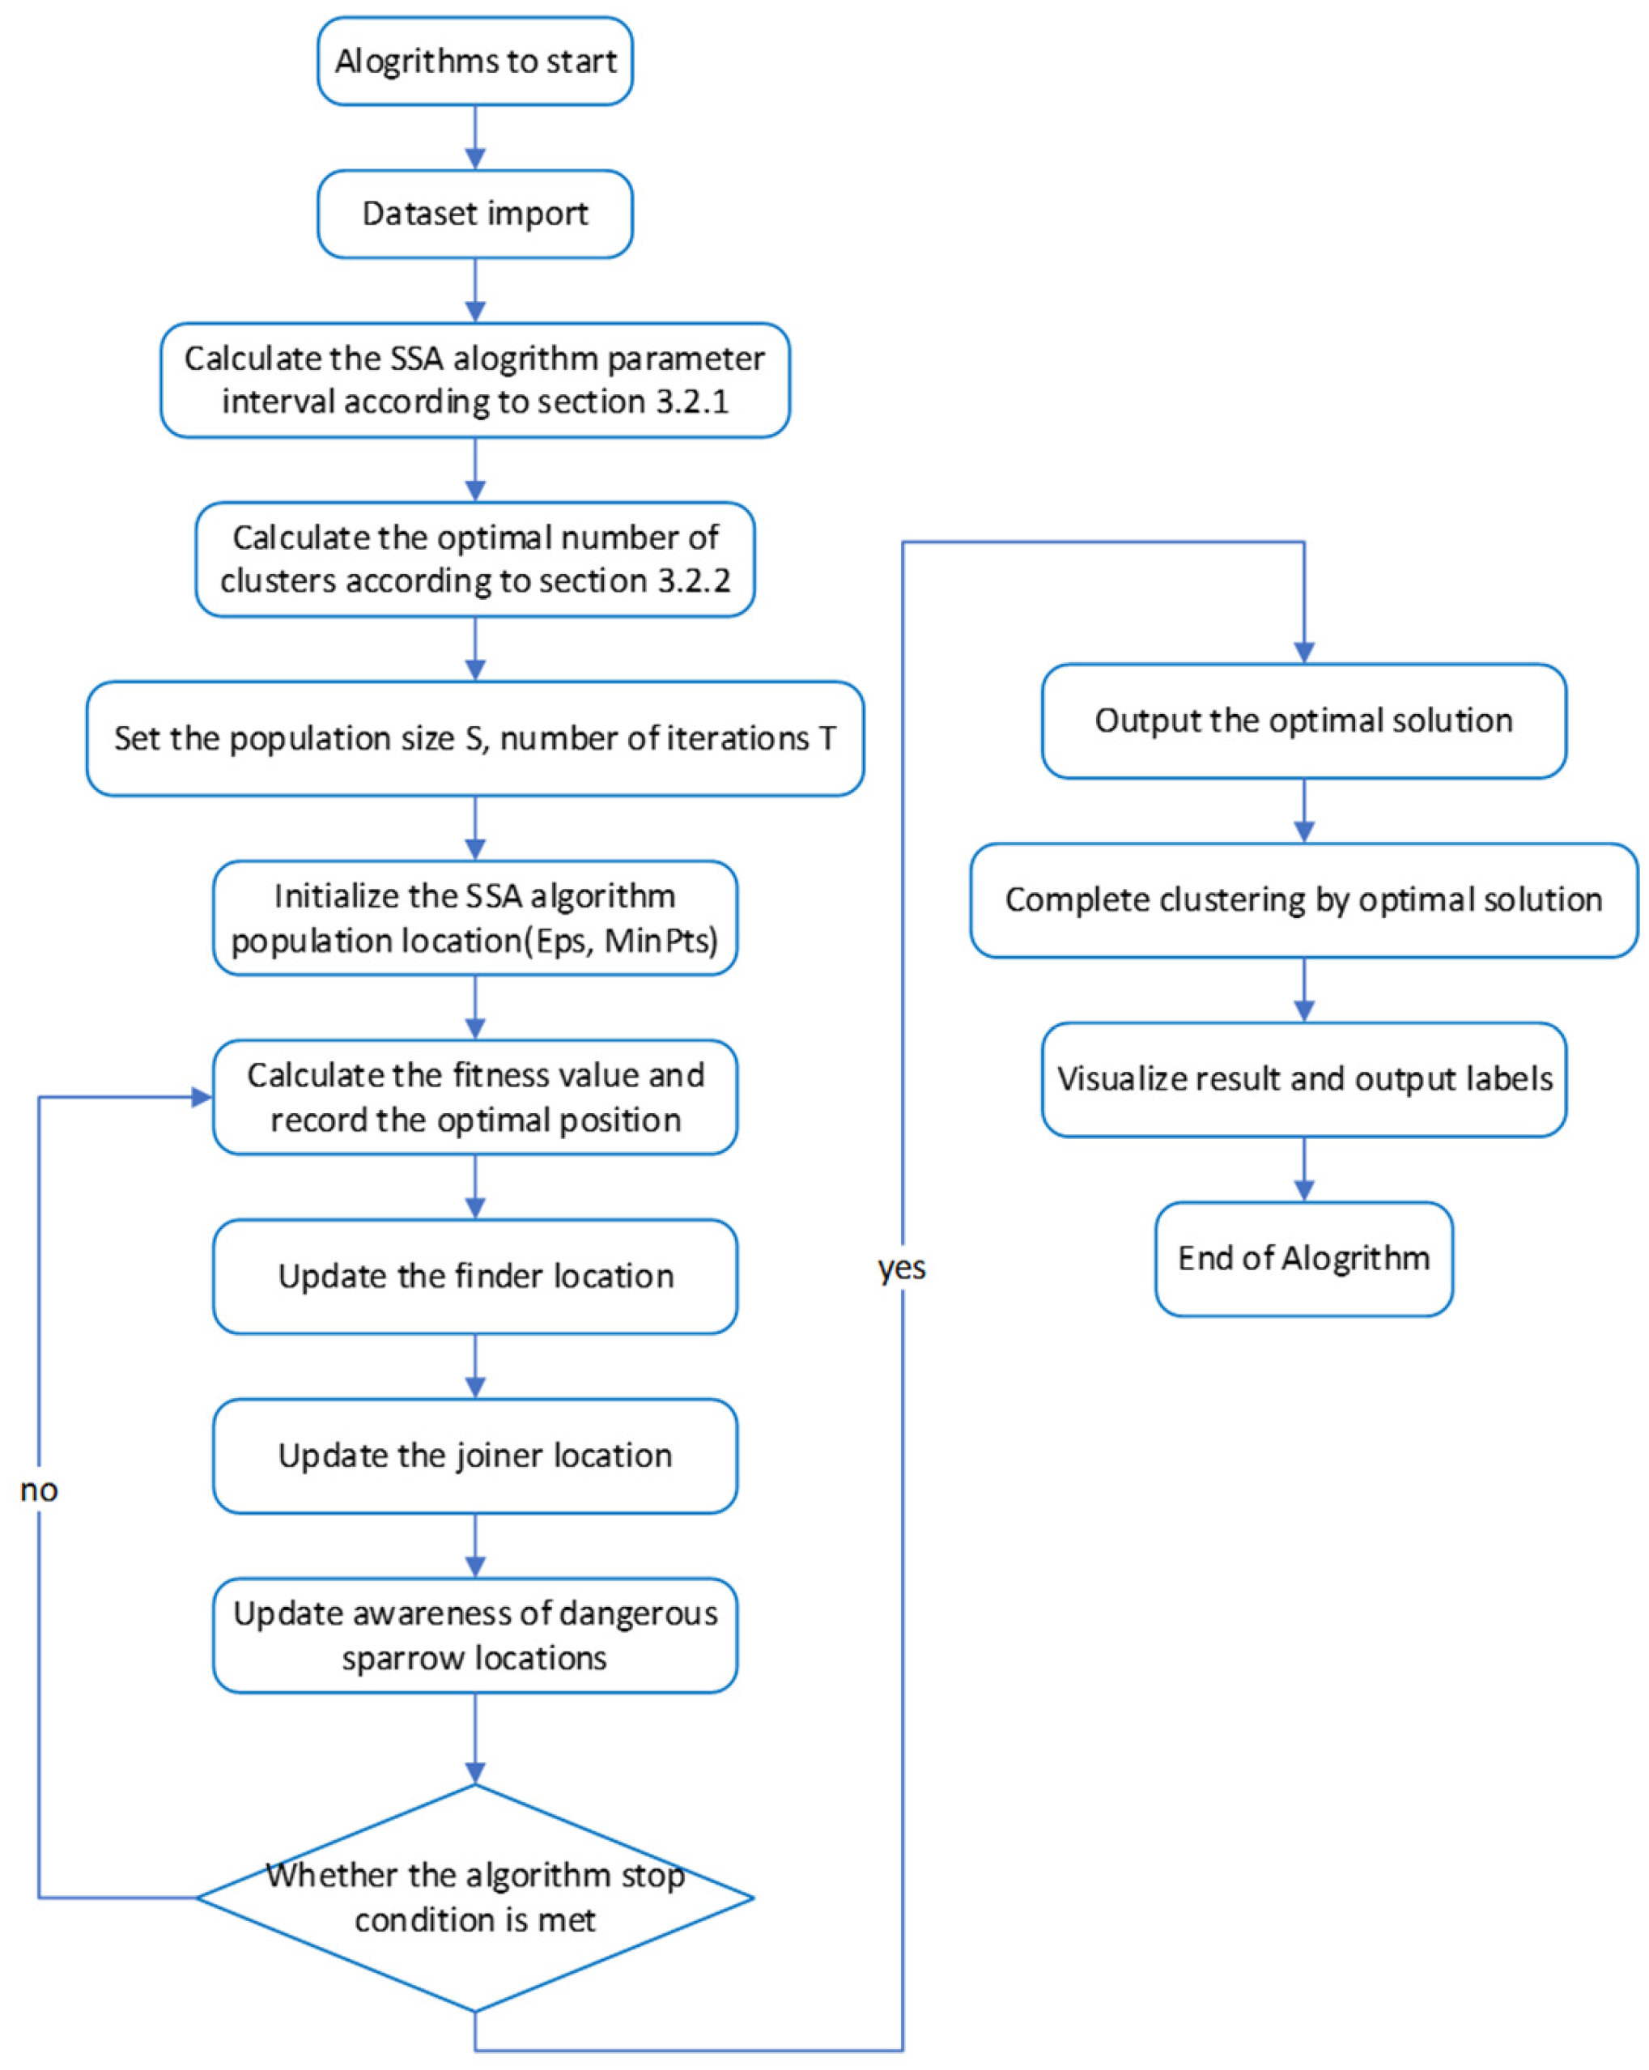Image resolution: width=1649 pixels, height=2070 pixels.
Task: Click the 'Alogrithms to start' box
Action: (475, 61)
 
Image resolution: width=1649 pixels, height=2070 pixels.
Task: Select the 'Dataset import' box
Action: (475, 213)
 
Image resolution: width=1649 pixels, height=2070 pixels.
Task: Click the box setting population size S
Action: (475, 738)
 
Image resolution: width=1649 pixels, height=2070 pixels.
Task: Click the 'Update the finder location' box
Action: (475, 1276)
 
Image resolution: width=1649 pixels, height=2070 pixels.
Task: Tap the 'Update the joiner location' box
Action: (475, 1456)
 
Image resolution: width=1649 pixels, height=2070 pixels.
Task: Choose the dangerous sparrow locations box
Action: (475, 1635)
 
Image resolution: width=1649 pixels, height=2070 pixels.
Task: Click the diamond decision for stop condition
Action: (475, 1898)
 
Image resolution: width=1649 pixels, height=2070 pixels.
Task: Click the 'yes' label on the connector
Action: (901, 1269)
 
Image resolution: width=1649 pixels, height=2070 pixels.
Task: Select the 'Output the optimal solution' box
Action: (1303, 720)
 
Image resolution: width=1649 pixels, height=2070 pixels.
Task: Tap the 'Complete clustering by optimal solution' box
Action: (1303, 899)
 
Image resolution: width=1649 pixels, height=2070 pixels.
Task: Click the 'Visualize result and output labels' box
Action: (1303, 1079)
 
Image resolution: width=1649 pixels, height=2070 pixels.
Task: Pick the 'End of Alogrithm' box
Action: (1303, 1258)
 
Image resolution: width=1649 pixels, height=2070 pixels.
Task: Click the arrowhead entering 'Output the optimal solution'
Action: (1303, 652)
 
